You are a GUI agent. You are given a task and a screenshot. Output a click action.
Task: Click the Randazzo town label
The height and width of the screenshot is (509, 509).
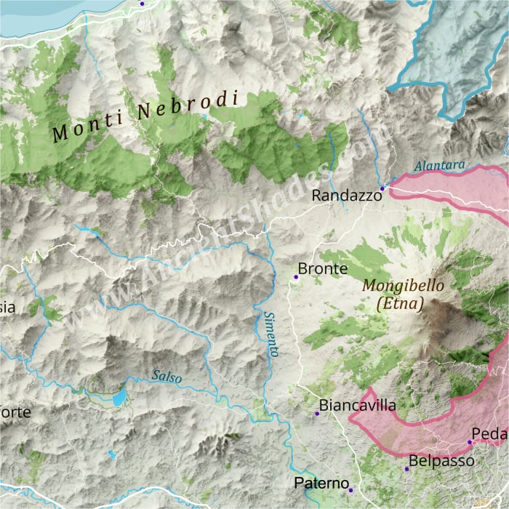346,196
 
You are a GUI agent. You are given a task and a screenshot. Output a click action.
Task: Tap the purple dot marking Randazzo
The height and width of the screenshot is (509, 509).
382,188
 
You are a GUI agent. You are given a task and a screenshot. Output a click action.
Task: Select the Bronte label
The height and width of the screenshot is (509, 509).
323,269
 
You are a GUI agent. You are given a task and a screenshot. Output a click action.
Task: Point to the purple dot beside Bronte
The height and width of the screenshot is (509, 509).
296,277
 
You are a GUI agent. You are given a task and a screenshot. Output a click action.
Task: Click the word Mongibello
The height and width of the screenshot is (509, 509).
403,286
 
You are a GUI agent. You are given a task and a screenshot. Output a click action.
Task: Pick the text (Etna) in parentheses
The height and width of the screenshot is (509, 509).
401,304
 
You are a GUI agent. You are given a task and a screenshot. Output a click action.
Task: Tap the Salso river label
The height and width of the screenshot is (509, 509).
167,377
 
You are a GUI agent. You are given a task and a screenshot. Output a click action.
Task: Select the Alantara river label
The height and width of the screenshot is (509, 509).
439,167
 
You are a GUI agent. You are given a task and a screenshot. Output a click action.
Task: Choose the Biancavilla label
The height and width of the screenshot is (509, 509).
358,406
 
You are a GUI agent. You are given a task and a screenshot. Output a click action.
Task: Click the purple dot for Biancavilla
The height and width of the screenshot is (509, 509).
317,414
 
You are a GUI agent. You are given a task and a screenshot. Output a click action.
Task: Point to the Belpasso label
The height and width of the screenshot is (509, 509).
441,461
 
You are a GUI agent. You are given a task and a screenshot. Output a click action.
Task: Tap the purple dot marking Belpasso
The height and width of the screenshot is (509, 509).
407,468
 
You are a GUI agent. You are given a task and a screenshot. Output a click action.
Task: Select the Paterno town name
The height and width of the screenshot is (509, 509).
322,484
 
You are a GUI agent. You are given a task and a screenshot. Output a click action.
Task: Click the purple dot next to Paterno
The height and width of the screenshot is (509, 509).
350,490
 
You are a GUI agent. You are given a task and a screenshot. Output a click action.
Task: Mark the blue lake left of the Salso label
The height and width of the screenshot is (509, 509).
119,398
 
